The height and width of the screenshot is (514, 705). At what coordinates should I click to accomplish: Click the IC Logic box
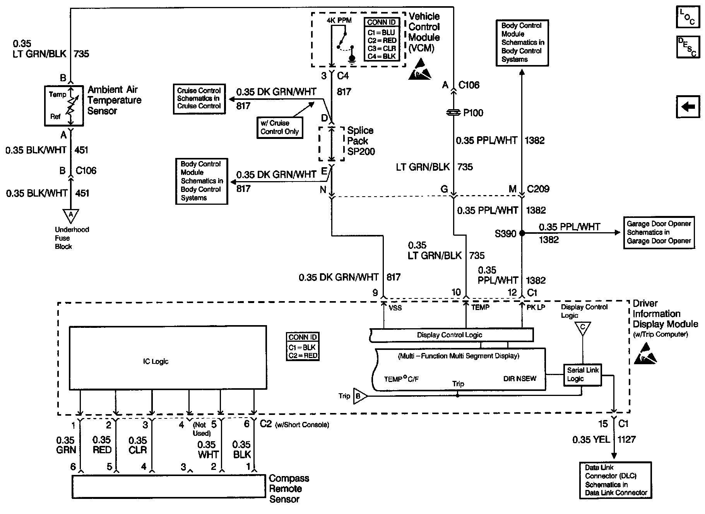click(168, 358)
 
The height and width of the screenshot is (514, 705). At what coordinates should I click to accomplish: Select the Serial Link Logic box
click(582, 375)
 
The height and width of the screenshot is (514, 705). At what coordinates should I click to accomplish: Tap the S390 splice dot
click(522, 233)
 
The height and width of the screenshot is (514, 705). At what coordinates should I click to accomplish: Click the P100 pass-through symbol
click(453, 113)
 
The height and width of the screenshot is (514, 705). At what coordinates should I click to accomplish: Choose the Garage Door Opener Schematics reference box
click(659, 232)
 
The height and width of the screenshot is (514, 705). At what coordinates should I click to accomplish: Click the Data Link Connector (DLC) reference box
click(615, 480)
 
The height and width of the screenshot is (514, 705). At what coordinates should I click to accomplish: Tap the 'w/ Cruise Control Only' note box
click(279, 127)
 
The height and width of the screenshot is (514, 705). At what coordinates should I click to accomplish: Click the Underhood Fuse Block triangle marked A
click(70, 215)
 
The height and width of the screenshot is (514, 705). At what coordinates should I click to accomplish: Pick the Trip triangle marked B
click(359, 396)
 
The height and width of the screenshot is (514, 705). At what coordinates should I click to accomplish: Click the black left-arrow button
click(688, 106)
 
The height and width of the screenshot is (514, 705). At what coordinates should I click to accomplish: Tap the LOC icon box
click(688, 17)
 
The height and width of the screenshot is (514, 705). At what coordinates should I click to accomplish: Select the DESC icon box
click(688, 47)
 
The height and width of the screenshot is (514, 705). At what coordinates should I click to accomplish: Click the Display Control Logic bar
click(451, 335)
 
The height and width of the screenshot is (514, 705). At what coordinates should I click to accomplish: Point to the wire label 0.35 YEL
click(591, 439)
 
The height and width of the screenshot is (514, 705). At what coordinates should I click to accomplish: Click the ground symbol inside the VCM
click(352, 58)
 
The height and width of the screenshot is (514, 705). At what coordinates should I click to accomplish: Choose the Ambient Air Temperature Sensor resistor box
click(64, 106)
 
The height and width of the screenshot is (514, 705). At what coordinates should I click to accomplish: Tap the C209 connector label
click(538, 189)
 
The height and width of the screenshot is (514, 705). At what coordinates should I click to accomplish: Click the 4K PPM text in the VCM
click(339, 20)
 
